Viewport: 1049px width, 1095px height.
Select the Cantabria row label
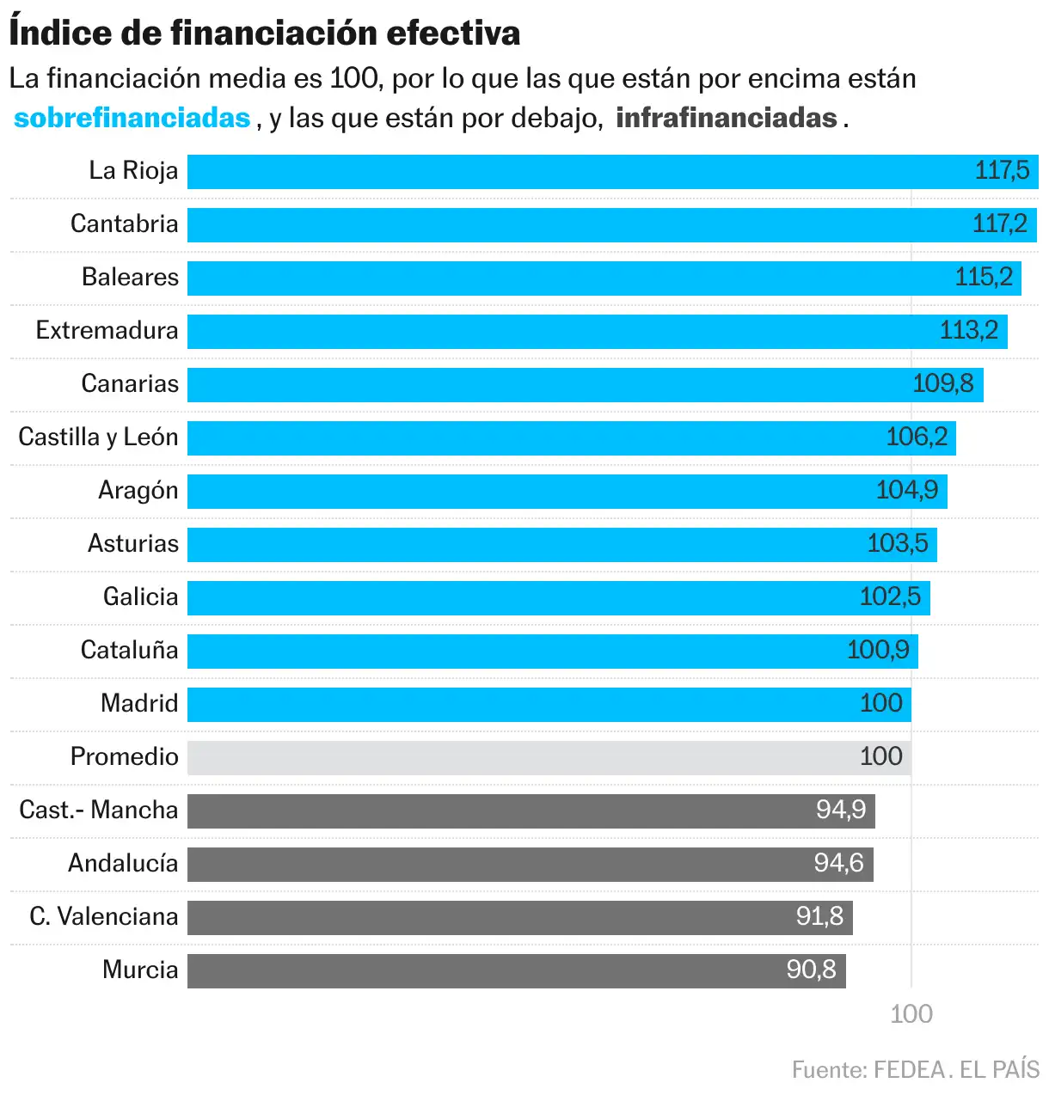point(125,224)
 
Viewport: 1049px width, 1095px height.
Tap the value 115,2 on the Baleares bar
point(984,278)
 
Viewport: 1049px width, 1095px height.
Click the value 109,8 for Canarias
point(942,384)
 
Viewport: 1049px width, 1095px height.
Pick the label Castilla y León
point(98,437)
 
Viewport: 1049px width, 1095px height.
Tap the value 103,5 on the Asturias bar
point(897,544)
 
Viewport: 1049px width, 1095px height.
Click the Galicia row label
point(141,597)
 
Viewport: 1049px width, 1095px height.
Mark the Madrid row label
point(139,704)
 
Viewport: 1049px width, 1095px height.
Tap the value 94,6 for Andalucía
point(838,864)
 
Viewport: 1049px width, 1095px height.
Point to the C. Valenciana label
point(104,917)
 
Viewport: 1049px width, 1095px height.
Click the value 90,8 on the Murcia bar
point(811,970)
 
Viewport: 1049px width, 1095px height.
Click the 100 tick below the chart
point(911,1015)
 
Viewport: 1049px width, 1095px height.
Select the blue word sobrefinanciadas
point(132,118)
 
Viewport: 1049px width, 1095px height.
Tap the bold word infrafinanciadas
point(727,118)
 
